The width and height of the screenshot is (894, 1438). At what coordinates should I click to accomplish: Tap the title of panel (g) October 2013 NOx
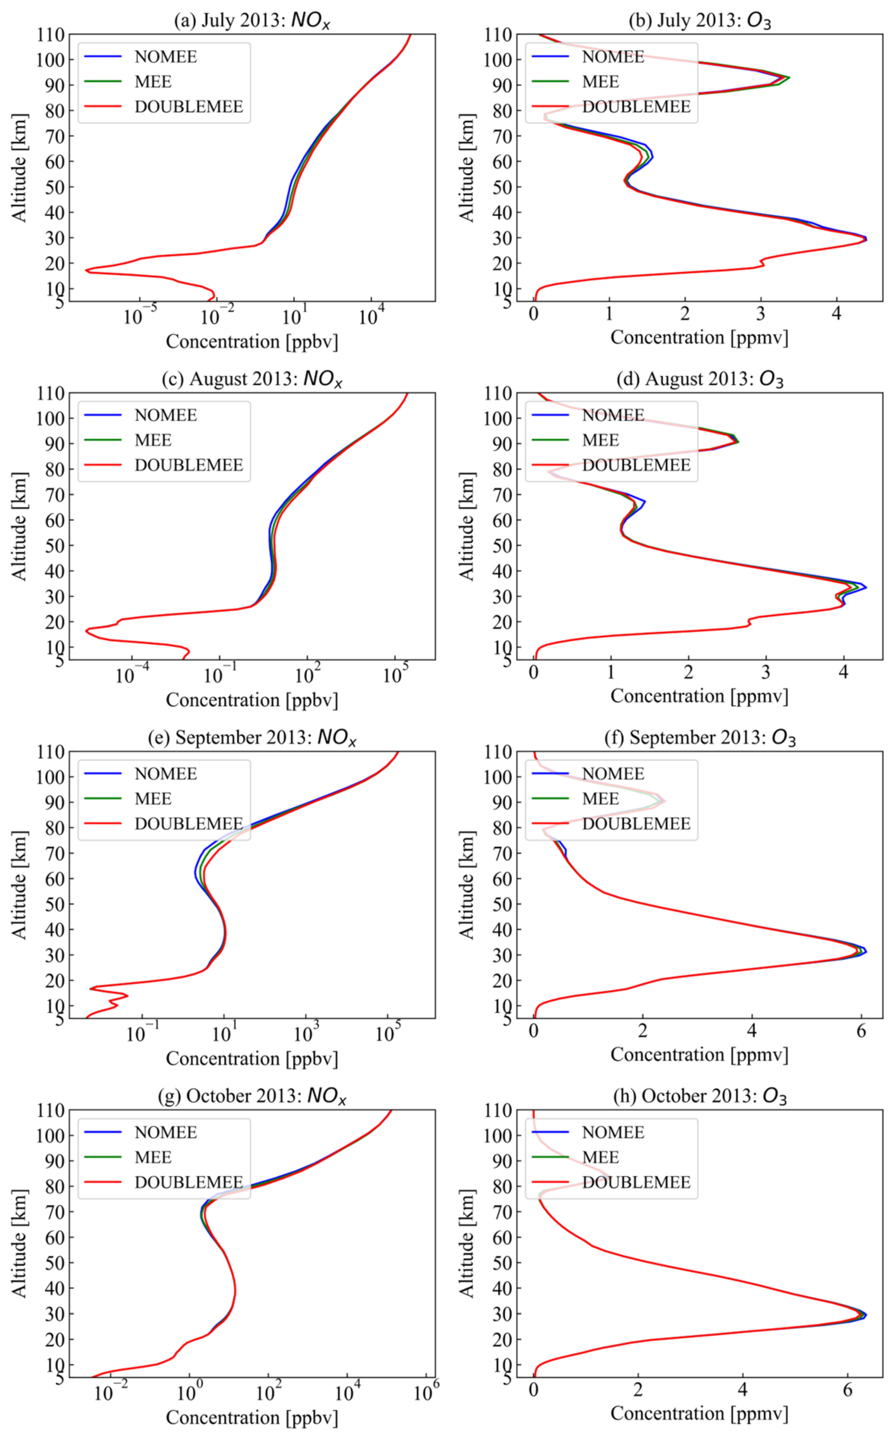[252, 1096]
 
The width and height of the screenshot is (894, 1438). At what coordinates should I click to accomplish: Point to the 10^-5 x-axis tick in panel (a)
[140, 316]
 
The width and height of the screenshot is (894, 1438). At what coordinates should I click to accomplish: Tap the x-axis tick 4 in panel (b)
[836, 313]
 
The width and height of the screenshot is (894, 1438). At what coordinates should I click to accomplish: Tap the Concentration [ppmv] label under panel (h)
[699, 1413]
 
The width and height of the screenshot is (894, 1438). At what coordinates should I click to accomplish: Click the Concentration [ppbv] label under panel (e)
[252, 1059]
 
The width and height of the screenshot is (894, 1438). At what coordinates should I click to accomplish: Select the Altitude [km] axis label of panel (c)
[19, 526]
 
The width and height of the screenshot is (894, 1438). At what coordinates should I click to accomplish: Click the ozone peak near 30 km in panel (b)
[866, 239]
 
